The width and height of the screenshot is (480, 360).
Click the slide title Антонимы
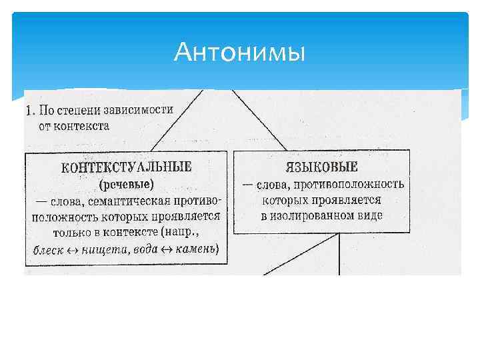[239, 52]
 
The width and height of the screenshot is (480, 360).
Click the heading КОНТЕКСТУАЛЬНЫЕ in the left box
[126, 167]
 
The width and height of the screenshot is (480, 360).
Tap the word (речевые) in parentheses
[126, 183]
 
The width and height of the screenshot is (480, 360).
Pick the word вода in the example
[148, 250]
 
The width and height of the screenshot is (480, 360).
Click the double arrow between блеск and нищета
[72, 251]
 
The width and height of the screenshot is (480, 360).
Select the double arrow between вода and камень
[171, 251]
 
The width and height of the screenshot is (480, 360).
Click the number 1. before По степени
[29, 109]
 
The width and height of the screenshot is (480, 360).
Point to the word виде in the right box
[371, 216]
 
